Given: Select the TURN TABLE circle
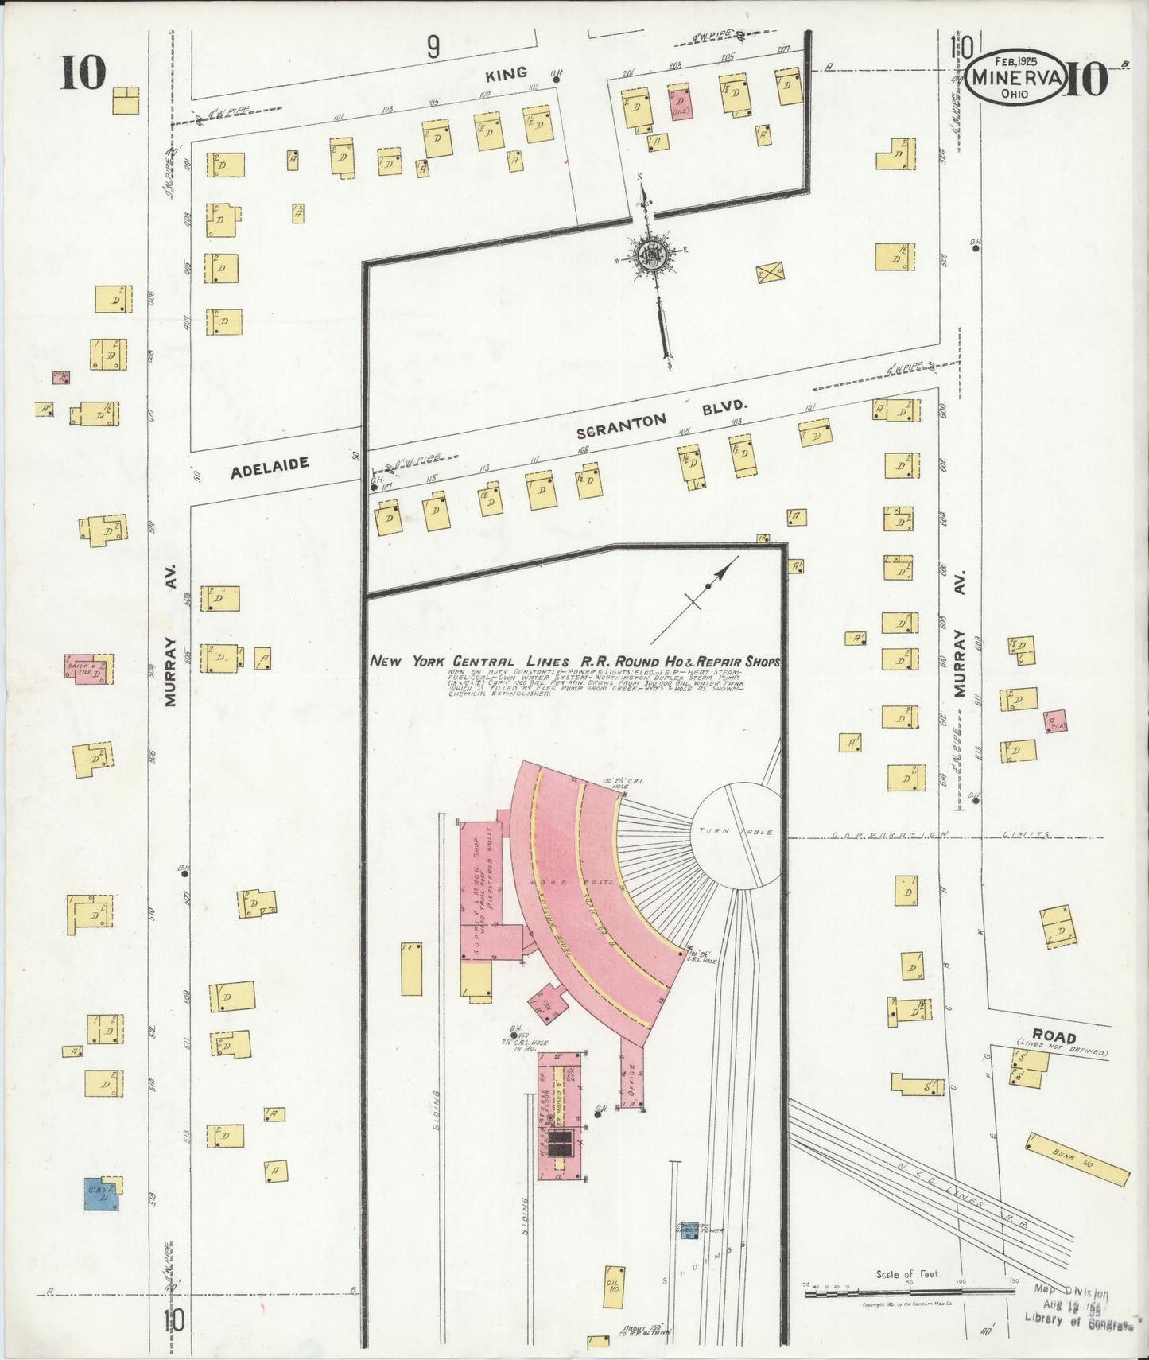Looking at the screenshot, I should (736, 834).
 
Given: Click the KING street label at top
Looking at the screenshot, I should (507, 73).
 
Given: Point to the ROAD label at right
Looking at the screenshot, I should (1055, 1037).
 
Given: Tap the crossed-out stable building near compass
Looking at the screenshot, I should (771, 272).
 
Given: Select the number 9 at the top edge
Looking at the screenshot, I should (433, 49).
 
